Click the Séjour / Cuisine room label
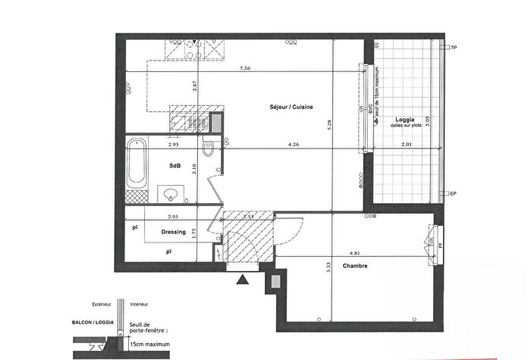pos(291,107)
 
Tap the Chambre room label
pos(355,265)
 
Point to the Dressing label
pos(174,232)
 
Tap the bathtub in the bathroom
pos(137,163)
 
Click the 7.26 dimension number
pos(245,68)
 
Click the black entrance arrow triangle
pos(242,280)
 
